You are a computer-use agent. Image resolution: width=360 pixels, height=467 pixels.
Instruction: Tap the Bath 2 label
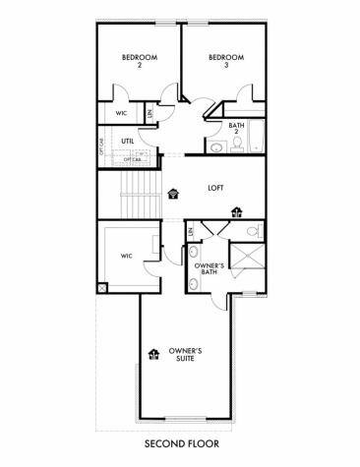237,129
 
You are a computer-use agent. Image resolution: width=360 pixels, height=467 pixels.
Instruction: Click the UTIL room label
127,142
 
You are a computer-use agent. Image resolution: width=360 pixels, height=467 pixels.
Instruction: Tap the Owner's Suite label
185,355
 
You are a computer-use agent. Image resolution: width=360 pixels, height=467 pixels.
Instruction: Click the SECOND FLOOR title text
179,444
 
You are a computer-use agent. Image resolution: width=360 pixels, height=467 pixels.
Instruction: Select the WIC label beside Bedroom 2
121,112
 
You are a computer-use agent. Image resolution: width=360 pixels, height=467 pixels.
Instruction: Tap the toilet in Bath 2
236,147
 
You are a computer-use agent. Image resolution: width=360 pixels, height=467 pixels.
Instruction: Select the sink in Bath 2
215,147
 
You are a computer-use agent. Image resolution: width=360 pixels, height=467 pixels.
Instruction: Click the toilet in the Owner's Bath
254,232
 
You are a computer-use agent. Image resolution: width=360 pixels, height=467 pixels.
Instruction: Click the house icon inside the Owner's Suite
153,354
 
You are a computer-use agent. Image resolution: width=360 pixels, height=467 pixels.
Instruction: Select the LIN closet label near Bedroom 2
150,112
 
